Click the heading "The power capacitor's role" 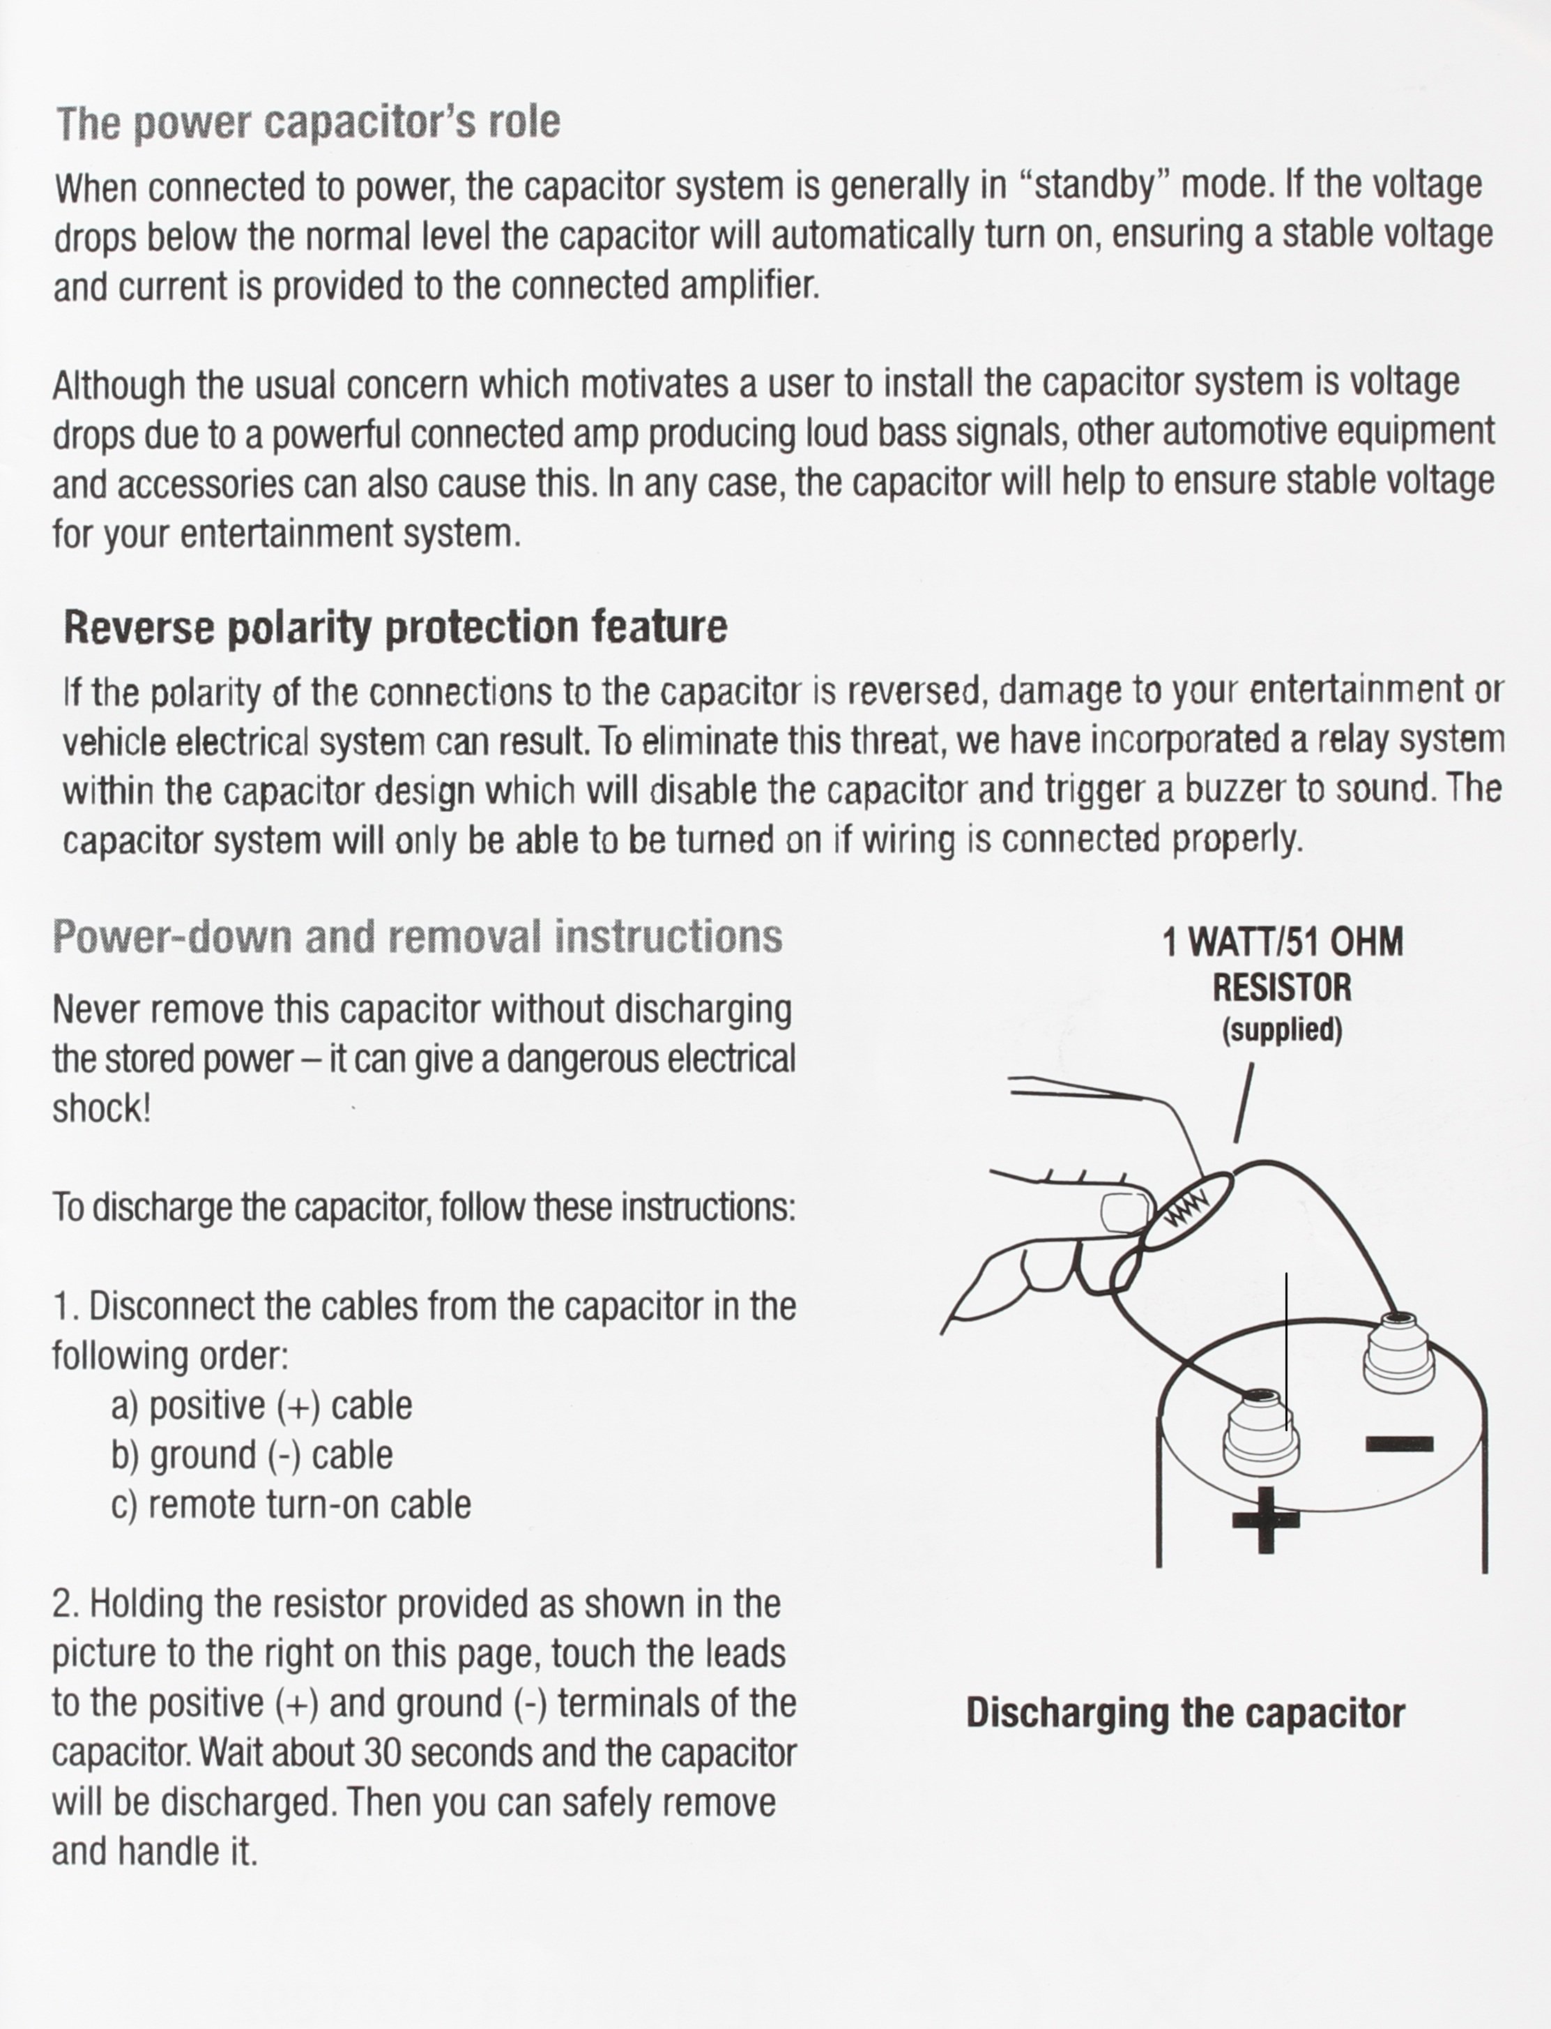pos(307,123)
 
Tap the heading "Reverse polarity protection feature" pos(395,627)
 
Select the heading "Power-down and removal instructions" pos(418,937)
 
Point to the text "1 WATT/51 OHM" pos(1283,943)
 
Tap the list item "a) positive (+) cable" pos(261,1405)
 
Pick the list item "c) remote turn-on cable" pos(291,1504)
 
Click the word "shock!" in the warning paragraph pos(100,1108)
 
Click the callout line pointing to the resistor pos(1244,1103)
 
